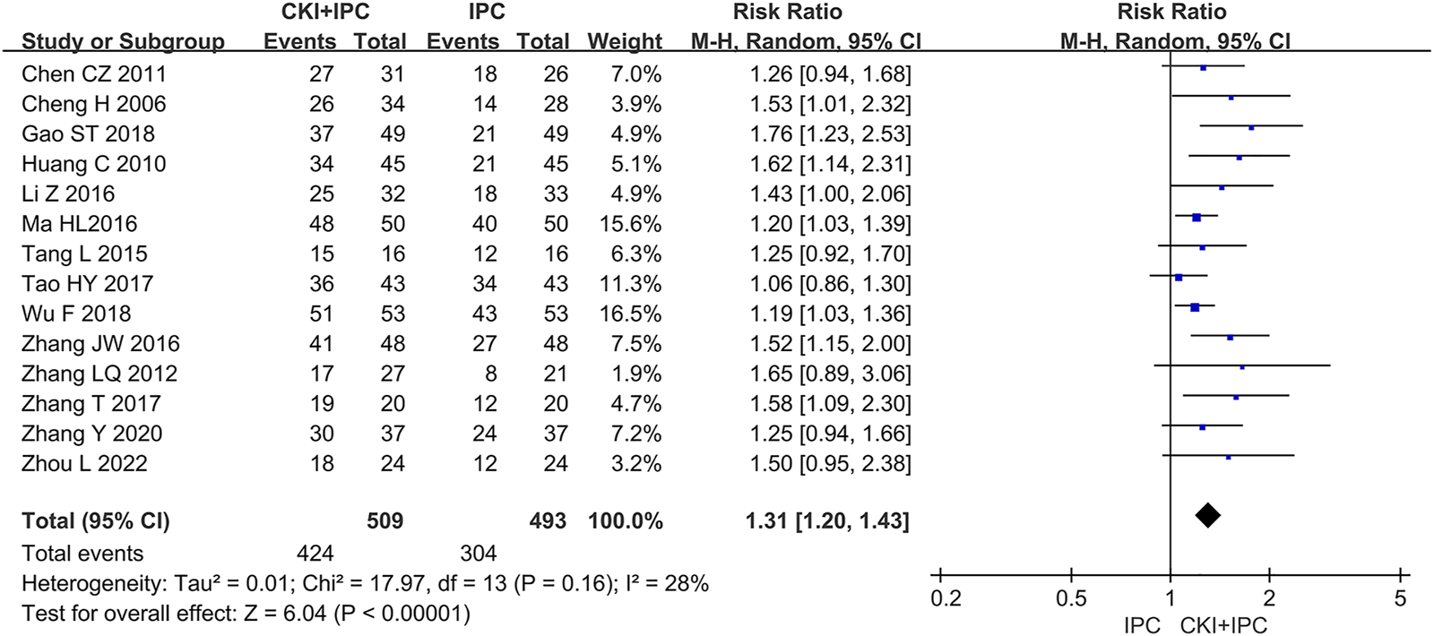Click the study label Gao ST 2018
(x=88, y=134)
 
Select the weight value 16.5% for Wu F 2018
(x=625, y=314)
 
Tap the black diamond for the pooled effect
(x=1207, y=515)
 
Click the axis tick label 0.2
(x=946, y=599)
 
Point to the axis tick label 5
(x=1400, y=599)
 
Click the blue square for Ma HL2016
(x=1196, y=217)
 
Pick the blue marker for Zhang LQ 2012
(x=1241, y=367)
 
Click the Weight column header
(x=625, y=42)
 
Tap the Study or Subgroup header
(x=123, y=42)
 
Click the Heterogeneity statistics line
(x=365, y=584)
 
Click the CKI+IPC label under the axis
(x=1223, y=625)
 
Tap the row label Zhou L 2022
(x=84, y=464)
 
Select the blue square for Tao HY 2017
(x=1179, y=278)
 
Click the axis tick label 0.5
(x=1071, y=599)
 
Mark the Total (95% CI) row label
(x=96, y=521)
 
